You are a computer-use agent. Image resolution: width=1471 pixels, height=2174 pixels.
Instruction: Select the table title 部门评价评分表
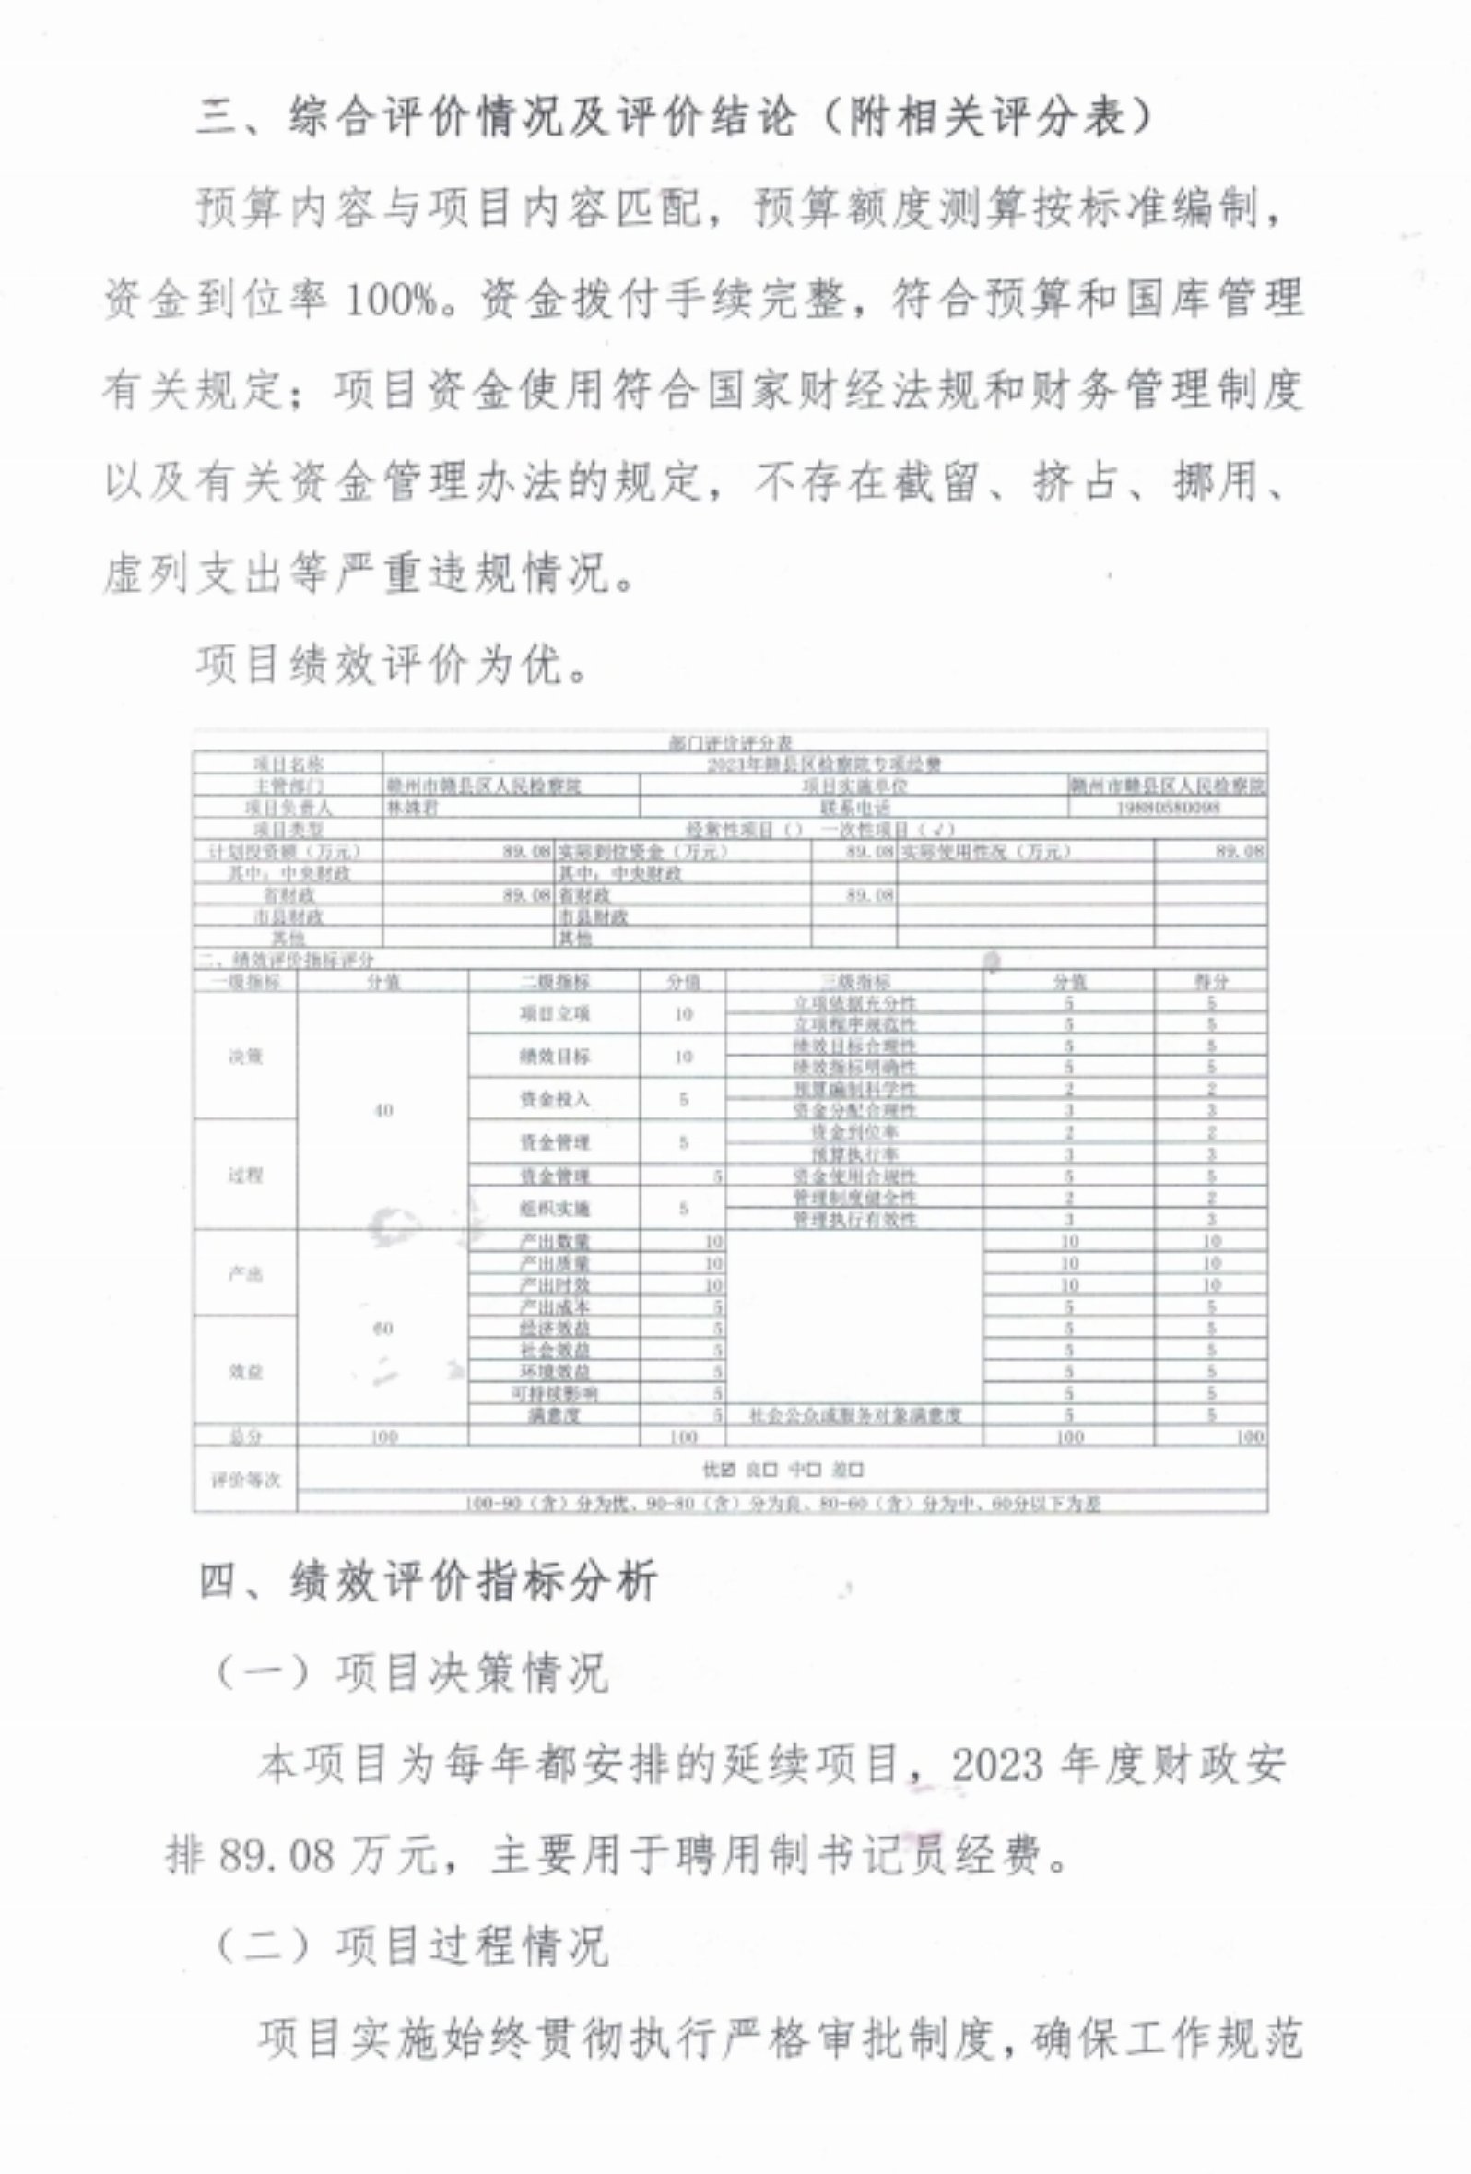tap(730, 743)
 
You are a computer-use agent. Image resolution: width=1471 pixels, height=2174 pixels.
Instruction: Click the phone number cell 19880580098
tap(1168, 808)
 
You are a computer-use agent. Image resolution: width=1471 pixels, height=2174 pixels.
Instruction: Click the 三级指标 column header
tap(853, 981)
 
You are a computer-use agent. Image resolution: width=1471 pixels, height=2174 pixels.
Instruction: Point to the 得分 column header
tap(1210, 981)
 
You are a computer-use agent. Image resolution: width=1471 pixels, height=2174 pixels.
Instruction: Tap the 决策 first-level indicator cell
tap(245, 1057)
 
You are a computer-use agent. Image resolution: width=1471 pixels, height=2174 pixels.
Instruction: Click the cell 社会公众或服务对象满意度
tap(853, 1415)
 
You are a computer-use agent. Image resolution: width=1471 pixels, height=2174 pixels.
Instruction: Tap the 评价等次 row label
tap(245, 1480)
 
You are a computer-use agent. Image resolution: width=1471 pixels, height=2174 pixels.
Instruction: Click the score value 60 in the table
tap(382, 1329)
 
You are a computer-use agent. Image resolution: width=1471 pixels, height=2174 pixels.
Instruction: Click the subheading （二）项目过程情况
tap(411, 1946)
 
